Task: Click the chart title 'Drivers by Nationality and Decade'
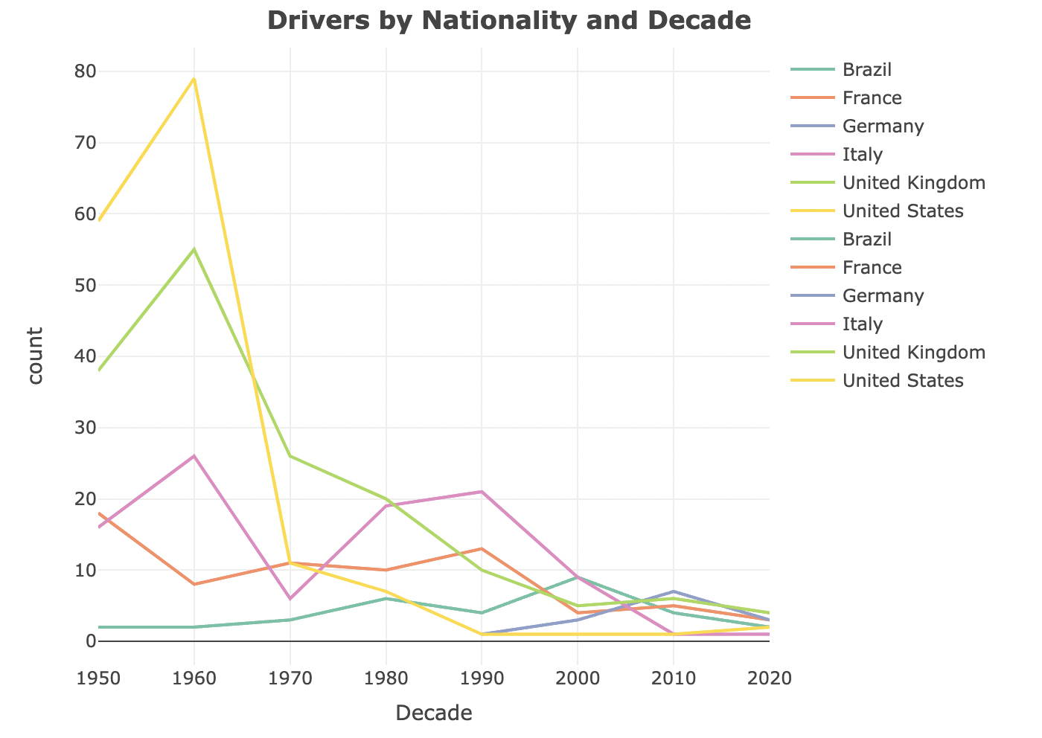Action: click(508, 21)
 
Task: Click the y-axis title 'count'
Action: click(34, 356)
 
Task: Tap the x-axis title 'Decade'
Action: click(433, 713)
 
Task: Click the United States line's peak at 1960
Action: click(194, 79)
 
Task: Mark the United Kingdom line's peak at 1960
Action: click(194, 249)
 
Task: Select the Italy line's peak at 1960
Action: click(194, 456)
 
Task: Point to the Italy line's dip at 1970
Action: click(290, 599)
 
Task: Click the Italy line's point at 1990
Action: click(482, 492)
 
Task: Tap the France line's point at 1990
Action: click(482, 549)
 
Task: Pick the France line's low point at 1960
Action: click(194, 584)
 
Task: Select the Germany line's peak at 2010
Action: click(674, 591)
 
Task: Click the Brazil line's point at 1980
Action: click(386, 598)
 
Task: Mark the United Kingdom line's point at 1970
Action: click(290, 456)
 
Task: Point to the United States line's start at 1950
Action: click(99, 221)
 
